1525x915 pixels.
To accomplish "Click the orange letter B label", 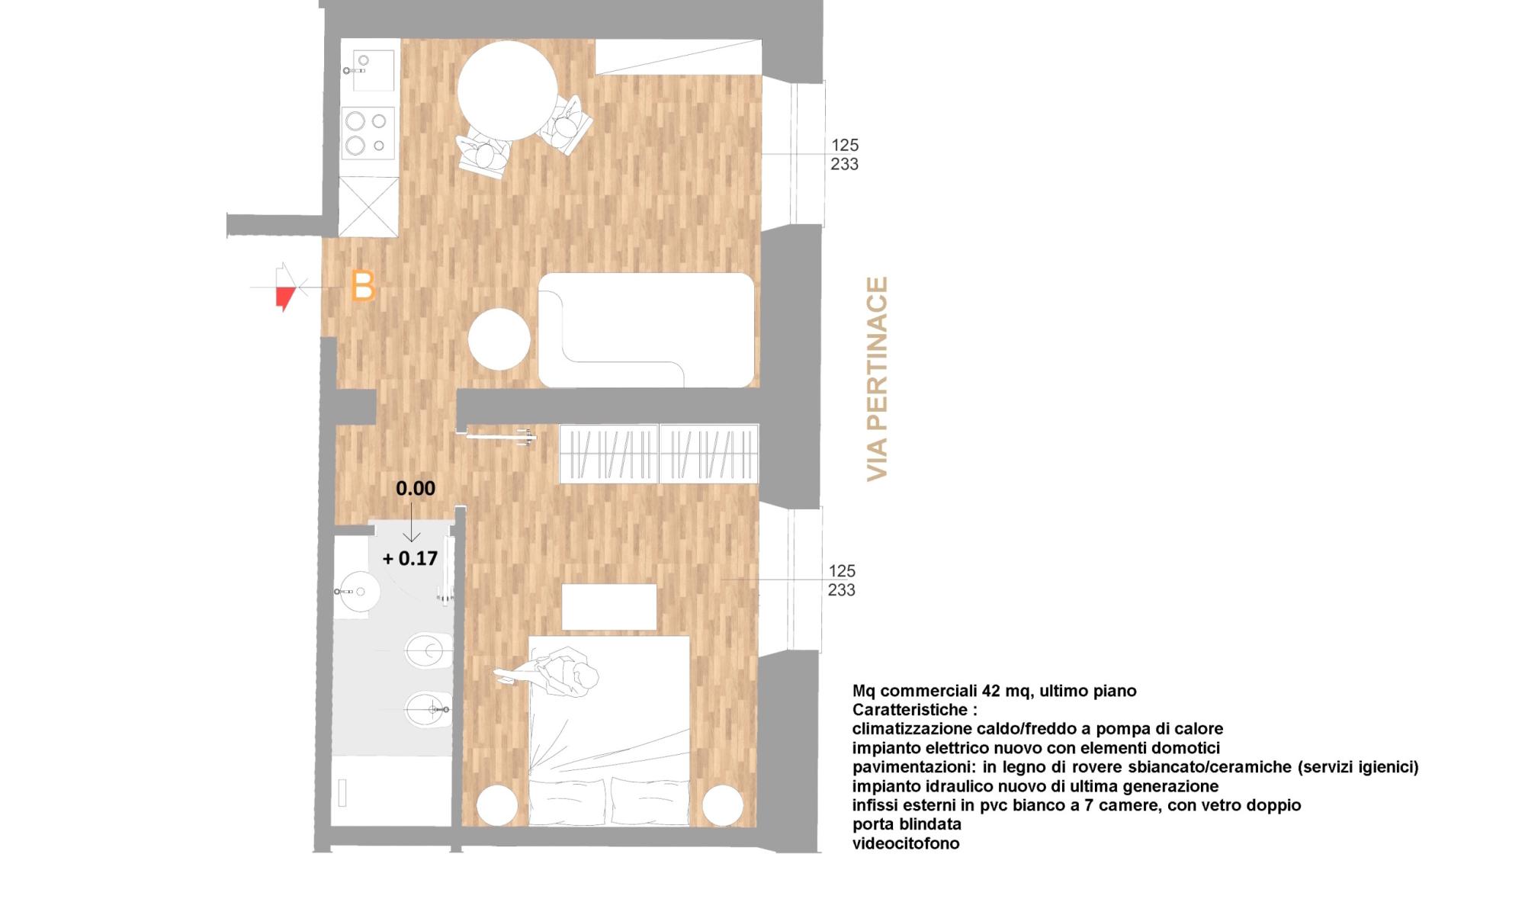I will point(363,287).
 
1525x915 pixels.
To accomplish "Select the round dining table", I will point(507,91).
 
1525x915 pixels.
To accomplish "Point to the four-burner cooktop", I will point(368,133).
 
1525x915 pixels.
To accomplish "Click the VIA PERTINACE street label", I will point(878,379).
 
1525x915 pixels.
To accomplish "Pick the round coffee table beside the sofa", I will point(499,339).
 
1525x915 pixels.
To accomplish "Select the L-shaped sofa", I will point(647,329).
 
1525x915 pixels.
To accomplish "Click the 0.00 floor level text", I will point(415,488).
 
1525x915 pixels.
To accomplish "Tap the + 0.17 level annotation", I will point(410,558).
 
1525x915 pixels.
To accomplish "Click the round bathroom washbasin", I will point(359,591).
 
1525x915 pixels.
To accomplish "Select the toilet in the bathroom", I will point(427,650).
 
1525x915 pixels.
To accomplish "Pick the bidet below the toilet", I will point(427,710).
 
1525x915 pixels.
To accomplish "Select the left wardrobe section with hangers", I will point(608,454).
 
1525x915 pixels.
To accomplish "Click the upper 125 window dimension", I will point(844,145).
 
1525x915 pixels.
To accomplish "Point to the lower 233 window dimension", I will point(841,590).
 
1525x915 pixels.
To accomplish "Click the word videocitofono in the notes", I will point(905,843).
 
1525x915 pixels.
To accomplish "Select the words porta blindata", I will point(907,824).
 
